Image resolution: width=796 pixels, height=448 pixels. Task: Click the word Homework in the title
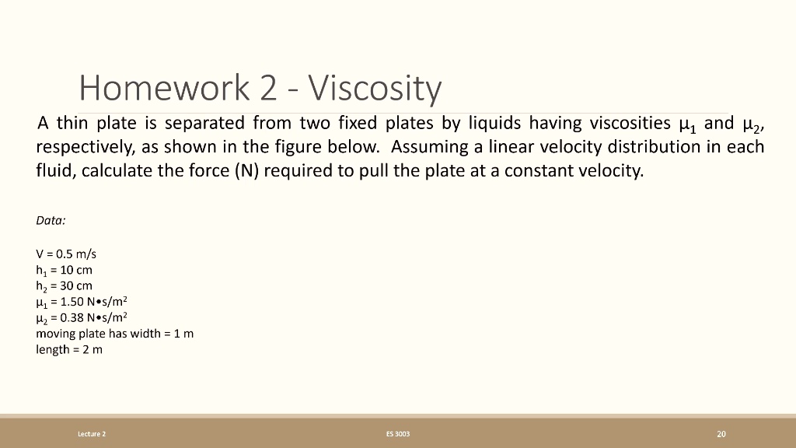click(x=162, y=89)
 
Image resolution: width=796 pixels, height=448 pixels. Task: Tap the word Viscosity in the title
click(x=375, y=89)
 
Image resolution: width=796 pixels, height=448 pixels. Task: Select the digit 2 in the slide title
click(x=268, y=89)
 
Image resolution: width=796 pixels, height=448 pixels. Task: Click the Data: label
click(x=51, y=220)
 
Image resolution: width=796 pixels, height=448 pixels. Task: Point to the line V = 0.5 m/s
click(x=66, y=254)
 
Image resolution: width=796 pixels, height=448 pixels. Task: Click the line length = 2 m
click(x=69, y=350)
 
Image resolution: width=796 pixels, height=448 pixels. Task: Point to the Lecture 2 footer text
click(x=92, y=433)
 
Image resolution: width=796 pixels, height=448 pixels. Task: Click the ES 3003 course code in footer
click(x=397, y=433)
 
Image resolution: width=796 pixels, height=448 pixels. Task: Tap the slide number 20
click(x=721, y=433)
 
